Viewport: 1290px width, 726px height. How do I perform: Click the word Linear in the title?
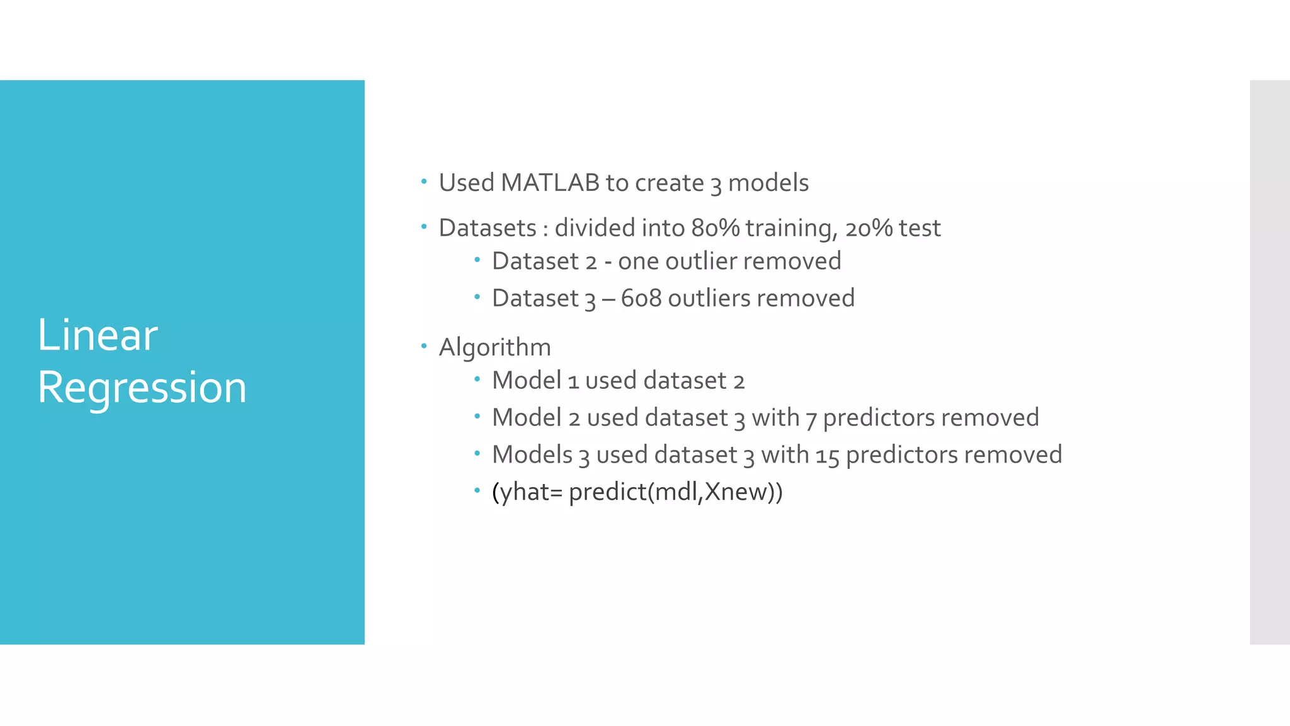pos(98,335)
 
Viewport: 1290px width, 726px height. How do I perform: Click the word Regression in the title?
pos(142,387)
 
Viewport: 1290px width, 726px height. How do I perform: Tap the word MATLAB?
pos(550,183)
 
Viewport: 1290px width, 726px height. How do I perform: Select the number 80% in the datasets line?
pos(715,228)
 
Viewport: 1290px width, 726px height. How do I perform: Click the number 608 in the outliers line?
pos(641,298)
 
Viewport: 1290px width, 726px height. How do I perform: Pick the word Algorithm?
pos(494,347)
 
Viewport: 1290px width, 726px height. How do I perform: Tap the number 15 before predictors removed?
pos(827,455)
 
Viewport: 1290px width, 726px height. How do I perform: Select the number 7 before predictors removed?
pos(811,418)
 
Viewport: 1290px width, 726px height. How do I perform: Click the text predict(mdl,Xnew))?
pos(675,492)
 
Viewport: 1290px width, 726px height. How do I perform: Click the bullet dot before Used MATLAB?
pos(424,182)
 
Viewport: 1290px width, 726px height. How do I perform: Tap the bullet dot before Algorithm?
pos(424,346)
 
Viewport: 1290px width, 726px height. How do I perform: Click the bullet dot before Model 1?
pos(477,379)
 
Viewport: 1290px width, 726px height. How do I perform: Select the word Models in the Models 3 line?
pos(532,455)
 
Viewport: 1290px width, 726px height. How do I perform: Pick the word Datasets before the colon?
pos(487,228)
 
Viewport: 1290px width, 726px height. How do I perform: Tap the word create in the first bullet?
pos(669,183)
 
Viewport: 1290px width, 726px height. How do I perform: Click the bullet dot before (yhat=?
pos(477,490)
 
